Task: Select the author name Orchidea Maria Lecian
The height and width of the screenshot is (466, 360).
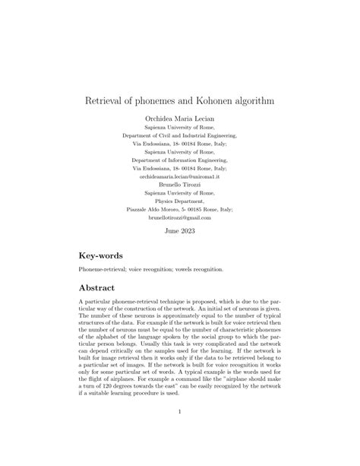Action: click(x=179, y=119)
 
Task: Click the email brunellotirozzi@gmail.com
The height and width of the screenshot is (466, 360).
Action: click(x=179, y=217)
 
